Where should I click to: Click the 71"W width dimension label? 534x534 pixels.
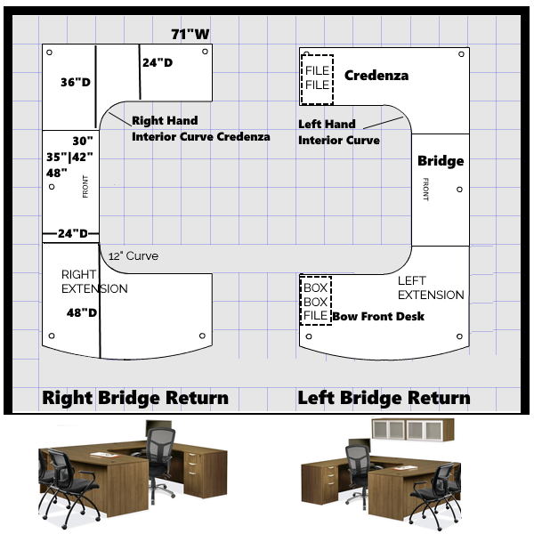tap(190, 35)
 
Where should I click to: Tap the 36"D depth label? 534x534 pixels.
tap(76, 82)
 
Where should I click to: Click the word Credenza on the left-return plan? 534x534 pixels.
tap(376, 76)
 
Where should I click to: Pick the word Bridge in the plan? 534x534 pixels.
tap(441, 161)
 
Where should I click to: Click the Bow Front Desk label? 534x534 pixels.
tap(378, 316)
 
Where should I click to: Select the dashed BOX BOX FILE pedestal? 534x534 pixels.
tap(316, 301)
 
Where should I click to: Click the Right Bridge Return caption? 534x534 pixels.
tap(135, 398)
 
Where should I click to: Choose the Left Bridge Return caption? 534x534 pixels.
tap(384, 398)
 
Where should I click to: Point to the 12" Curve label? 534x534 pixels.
tap(133, 256)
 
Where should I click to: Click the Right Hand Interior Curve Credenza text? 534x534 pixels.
tap(200, 129)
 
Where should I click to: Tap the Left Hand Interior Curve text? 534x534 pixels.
tap(338, 133)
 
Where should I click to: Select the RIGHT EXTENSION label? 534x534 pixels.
tap(94, 281)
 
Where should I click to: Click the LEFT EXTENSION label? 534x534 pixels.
tap(431, 287)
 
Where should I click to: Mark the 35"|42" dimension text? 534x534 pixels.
tap(69, 157)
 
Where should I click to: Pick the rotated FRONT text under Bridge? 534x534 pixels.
tap(426, 189)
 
